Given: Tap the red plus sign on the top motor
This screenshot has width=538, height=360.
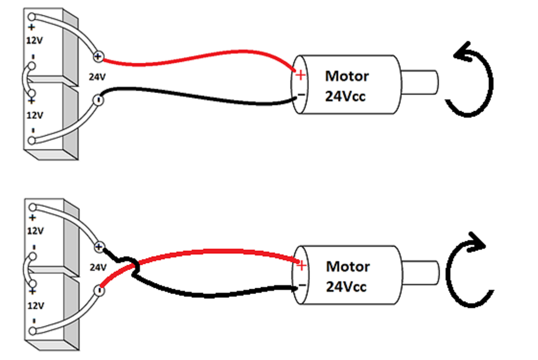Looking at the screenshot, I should pos(301,75).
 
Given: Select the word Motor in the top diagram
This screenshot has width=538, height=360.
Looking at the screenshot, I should pos(347,76).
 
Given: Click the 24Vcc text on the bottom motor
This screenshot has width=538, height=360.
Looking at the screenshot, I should pos(346,287).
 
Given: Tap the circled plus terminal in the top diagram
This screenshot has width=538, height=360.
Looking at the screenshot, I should pos(98,56).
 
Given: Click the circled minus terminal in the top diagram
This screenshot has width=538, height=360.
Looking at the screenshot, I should pos(98,99).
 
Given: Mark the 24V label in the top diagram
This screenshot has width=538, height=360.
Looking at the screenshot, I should pos(97,77).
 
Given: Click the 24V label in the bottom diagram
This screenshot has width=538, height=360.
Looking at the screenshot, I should pos(97,267).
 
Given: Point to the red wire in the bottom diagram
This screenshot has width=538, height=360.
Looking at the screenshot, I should pos(213,251).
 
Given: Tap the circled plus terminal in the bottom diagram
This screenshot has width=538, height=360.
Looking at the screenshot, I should pos(98,247).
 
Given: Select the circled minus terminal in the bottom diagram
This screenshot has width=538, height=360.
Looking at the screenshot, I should pos(98,290).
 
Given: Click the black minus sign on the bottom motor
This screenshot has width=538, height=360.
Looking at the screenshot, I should pos(302,286).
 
